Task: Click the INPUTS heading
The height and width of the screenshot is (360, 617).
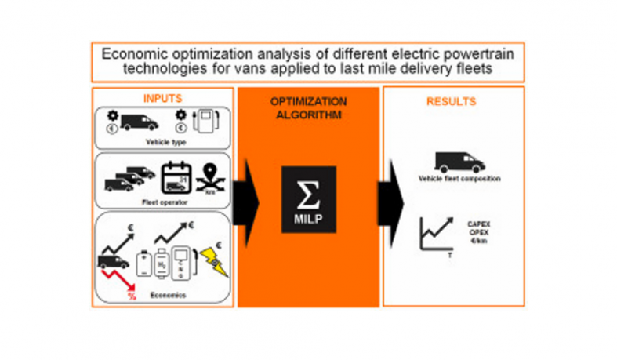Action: pyautogui.click(x=162, y=99)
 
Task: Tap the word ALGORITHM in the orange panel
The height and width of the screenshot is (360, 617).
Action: pyautogui.click(x=308, y=115)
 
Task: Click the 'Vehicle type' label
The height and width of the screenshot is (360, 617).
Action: pyautogui.click(x=162, y=142)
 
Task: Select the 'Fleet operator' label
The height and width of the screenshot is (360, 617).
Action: pyautogui.click(x=162, y=202)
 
